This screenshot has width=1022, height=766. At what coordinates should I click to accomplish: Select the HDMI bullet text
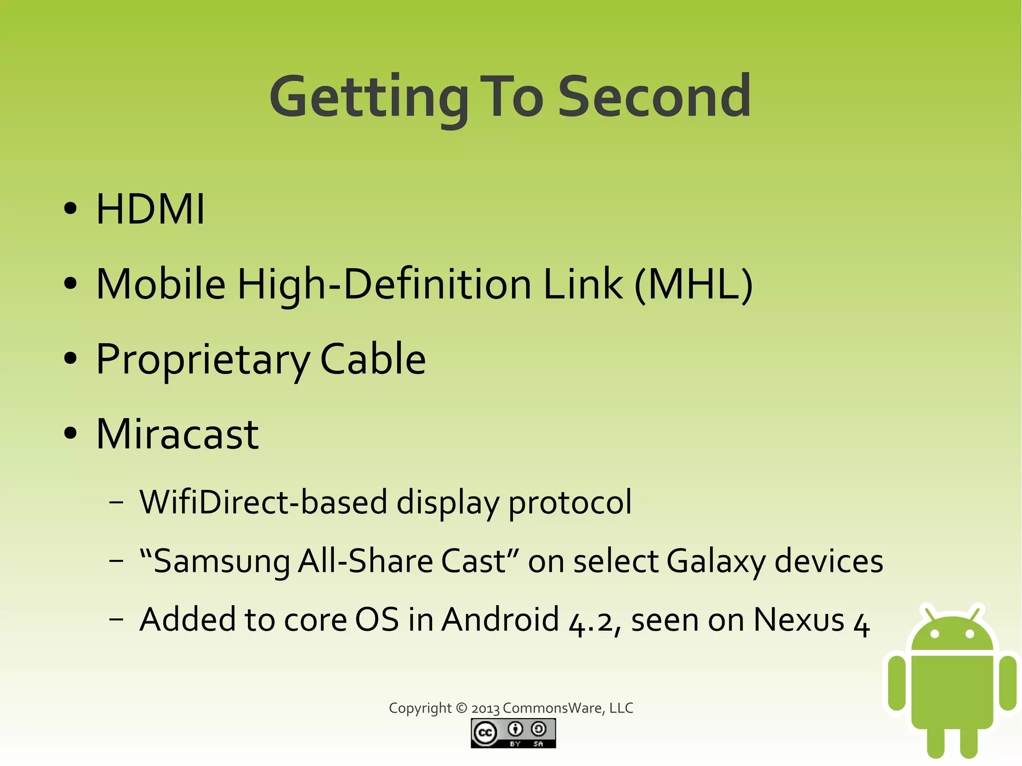(x=150, y=209)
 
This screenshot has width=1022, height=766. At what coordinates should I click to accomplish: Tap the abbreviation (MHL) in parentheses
(x=694, y=284)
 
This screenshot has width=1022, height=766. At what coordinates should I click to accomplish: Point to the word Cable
(x=372, y=359)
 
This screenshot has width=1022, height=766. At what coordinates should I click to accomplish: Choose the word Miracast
(x=177, y=434)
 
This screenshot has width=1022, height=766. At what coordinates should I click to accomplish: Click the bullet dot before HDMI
(x=71, y=209)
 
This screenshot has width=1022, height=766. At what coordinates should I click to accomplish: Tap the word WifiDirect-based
(x=263, y=502)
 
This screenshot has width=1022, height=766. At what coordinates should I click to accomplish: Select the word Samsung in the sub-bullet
(x=222, y=561)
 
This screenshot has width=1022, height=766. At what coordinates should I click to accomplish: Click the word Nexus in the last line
(x=798, y=620)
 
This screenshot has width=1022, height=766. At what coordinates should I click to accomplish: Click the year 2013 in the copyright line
(x=485, y=709)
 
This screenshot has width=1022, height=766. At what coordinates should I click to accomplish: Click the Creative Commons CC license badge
(x=513, y=733)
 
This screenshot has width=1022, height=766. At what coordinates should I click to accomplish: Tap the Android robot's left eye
(x=935, y=634)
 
